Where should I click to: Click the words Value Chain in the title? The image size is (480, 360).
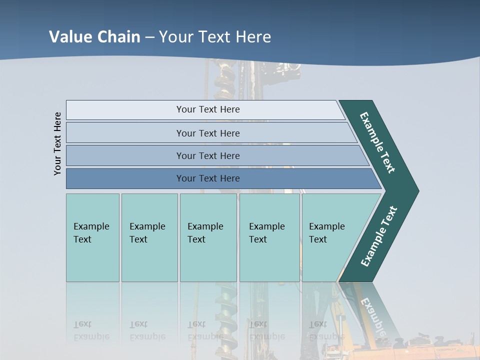click(94, 37)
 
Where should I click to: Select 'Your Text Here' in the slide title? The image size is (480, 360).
click(215, 37)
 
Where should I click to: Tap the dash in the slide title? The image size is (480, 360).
click(149, 37)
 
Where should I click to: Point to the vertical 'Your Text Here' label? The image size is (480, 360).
click(57, 143)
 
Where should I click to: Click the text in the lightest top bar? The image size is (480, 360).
click(208, 109)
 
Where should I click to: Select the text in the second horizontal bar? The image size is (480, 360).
click(208, 133)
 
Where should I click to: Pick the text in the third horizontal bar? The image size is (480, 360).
click(208, 155)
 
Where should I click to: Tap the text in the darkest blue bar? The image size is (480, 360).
click(208, 178)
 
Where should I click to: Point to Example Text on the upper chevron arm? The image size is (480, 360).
click(377, 142)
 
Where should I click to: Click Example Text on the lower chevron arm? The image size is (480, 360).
click(379, 236)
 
